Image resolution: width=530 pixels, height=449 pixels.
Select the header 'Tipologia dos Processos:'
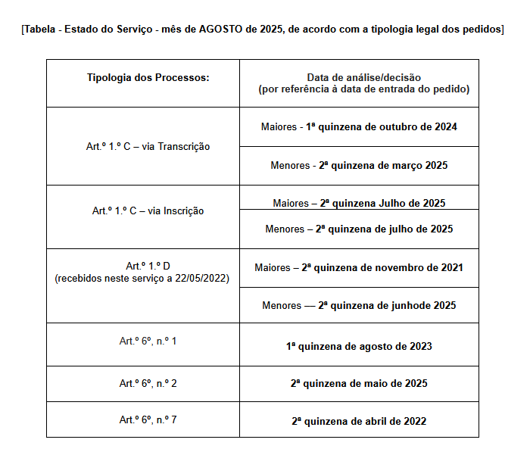coord(142,77)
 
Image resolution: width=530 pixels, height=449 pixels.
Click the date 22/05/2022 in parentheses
coord(204,278)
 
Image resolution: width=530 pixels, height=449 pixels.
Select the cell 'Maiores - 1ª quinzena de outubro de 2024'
coord(359,126)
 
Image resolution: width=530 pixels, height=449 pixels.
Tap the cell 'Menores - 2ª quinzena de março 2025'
coord(359,165)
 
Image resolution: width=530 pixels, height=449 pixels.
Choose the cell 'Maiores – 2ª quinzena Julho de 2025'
coord(359,203)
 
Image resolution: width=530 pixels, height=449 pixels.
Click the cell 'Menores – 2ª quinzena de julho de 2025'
coord(359,229)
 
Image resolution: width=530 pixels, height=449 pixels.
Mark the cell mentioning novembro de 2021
coord(359,267)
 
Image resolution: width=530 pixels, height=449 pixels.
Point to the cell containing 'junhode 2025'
coord(359,306)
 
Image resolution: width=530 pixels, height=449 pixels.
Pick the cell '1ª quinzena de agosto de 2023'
coord(359,346)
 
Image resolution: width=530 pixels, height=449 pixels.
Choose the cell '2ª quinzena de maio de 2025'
coord(359,383)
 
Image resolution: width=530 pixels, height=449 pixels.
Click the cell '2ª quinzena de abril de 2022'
coord(359,421)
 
